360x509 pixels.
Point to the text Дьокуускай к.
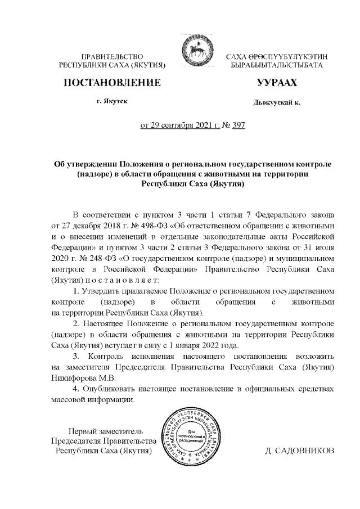point(277,102)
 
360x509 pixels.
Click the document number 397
point(238,125)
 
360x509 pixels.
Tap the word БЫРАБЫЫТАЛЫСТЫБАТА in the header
point(276,66)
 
